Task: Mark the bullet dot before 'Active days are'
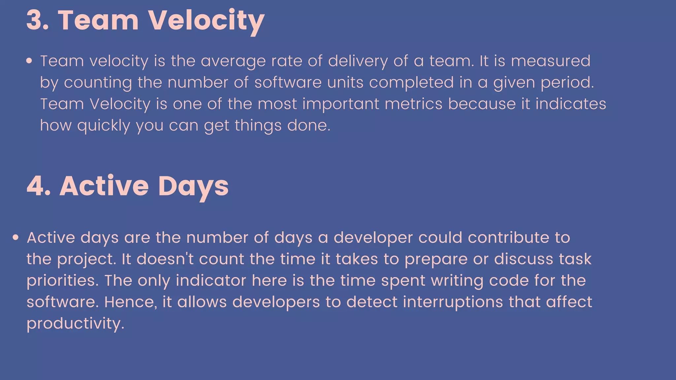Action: (16, 237)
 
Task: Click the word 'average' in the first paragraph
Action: (233, 61)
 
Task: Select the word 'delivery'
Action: (358, 61)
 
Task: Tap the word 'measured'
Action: (551, 61)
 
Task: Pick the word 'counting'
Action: (98, 82)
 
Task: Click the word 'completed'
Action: (411, 82)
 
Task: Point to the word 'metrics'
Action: (413, 104)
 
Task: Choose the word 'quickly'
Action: (104, 126)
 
